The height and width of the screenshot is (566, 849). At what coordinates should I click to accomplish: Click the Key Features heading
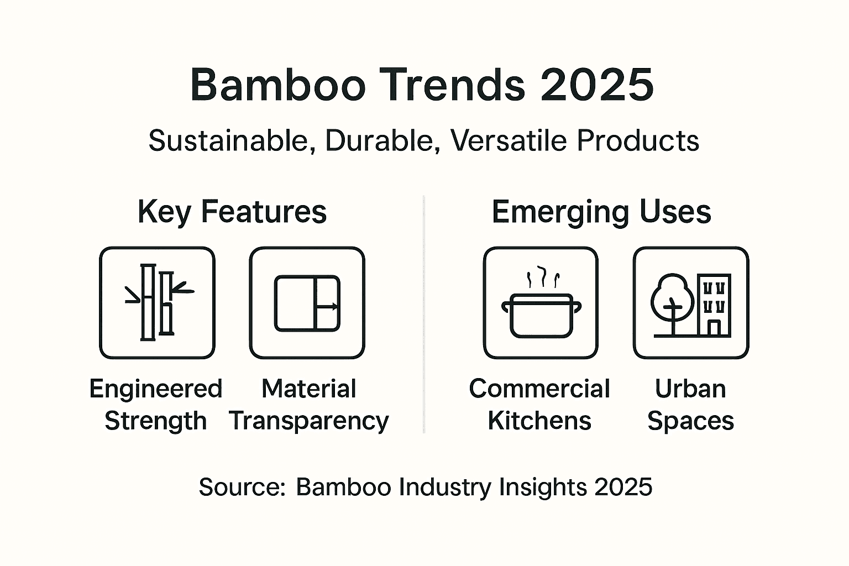[x=232, y=212]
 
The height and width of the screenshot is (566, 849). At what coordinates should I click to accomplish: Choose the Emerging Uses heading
[x=601, y=212]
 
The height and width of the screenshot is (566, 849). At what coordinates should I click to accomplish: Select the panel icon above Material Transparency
[x=307, y=303]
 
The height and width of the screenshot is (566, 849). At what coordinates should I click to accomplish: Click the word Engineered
[x=156, y=389]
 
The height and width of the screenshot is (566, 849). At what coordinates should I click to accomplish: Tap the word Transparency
[x=309, y=421]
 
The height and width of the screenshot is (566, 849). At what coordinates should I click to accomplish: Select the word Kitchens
[x=539, y=421]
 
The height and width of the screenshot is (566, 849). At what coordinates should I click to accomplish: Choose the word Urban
[x=690, y=389]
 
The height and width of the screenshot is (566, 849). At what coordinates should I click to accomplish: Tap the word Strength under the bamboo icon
[x=156, y=421]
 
